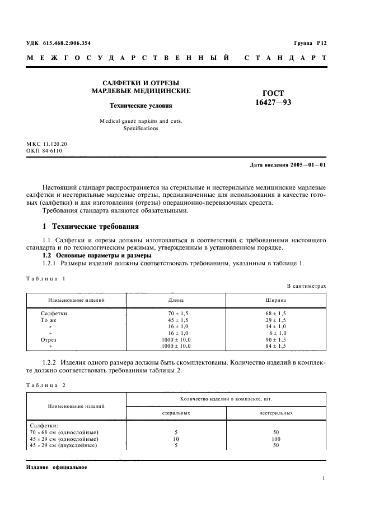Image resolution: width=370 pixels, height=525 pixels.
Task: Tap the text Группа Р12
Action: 310,43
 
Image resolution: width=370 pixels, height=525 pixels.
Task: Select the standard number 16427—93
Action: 273,103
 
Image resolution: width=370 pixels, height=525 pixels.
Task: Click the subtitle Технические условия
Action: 140,105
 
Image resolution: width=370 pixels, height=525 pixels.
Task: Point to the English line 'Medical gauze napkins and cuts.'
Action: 140,121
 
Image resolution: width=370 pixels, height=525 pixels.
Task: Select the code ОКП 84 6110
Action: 44,151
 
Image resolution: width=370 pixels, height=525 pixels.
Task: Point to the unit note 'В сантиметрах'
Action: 307,286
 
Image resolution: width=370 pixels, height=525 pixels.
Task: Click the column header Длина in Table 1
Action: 176,300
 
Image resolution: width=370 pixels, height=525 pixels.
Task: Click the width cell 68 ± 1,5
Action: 276,313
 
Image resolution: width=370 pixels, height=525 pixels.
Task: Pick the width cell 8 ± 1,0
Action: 277,333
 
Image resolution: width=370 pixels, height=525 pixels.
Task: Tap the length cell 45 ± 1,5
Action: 176,320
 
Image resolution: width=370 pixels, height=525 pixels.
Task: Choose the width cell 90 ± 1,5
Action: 276,339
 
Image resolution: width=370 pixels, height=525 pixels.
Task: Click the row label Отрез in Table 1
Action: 49,339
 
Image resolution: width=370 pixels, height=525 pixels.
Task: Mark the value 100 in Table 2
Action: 276,439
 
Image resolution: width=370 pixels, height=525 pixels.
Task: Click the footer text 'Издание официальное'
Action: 57,467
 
